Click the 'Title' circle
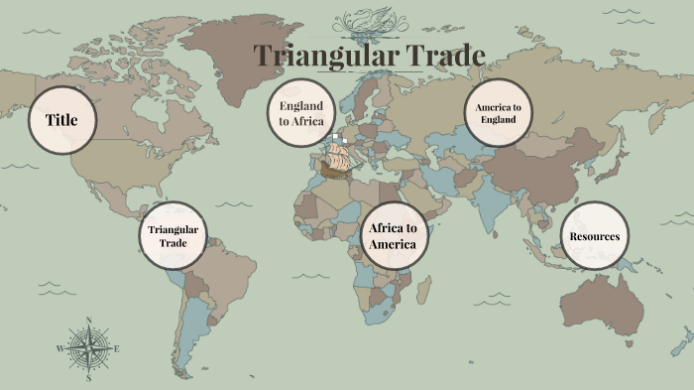61,120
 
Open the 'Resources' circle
594,236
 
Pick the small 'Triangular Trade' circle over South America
173,236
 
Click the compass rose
87,348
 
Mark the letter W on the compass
59,348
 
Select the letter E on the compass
116,348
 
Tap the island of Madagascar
423,291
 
